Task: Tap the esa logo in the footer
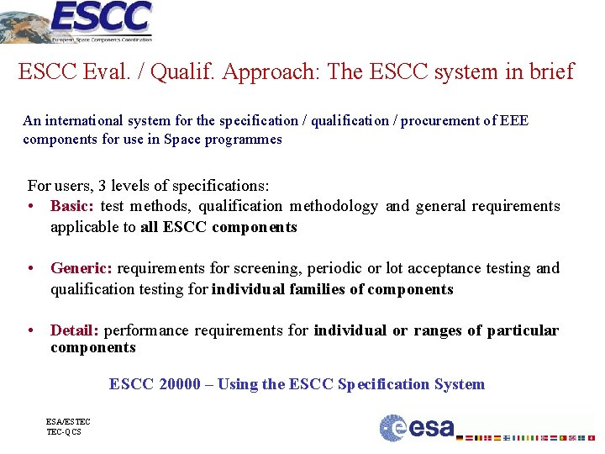[417, 428]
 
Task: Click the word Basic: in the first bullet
[73, 206]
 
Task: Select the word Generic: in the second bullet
[82, 268]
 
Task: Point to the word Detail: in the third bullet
[75, 330]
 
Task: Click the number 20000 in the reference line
[179, 384]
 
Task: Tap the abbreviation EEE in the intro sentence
[513, 120]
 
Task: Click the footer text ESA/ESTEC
[68, 421]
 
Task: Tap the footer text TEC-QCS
[64, 431]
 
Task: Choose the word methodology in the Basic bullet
[334, 206]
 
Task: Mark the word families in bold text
[315, 289]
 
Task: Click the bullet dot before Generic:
[31, 268]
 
